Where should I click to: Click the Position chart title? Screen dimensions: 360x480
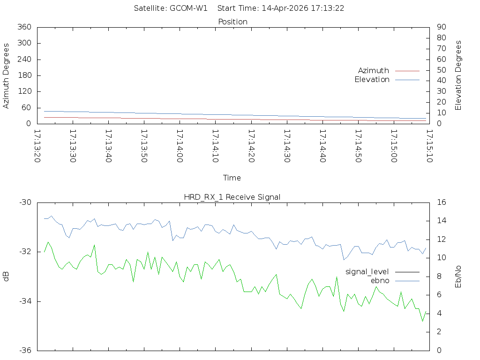point(233,22)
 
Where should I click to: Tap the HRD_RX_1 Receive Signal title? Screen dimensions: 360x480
point(232,197)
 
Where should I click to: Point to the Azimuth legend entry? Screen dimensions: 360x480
point(374,70)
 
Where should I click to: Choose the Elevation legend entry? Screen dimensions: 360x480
point(372,80)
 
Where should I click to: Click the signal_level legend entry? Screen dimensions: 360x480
point(367,271)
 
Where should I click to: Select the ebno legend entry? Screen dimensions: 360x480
point(380,280)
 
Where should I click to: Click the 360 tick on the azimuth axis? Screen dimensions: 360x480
point(24,27)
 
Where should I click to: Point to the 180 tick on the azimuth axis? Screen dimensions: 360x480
point(24,75)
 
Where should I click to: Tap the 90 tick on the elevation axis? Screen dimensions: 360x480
point(441,27)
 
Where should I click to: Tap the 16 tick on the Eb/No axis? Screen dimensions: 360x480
point(442,202)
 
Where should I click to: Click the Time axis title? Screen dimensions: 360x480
point(232,178)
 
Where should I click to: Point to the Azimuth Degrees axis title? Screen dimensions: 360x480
point(7,75)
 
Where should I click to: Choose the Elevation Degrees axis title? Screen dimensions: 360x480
point(458,75)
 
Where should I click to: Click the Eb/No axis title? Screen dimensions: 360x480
point(458,276)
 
